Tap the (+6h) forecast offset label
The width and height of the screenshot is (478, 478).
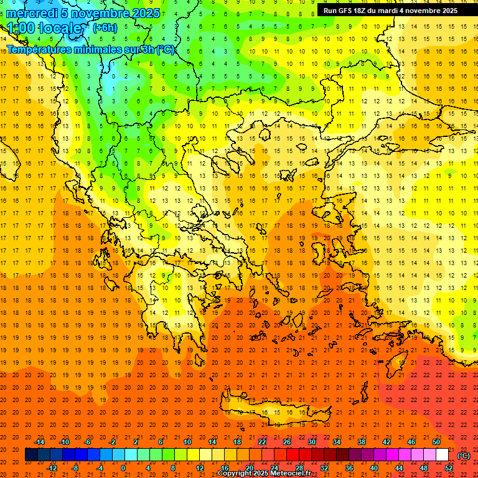click(x=104, y=27)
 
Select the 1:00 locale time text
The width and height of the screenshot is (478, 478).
click(x=44, y=28)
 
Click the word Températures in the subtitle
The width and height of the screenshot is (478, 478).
click(x=40, y=50)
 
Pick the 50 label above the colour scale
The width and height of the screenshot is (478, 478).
click(x=436, y=442)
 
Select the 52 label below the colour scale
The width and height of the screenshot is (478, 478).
click(x=449, y=468)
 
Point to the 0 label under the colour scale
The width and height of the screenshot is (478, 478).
click(x=123, y=468)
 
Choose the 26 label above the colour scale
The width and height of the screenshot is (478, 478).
click(x=287, y=442)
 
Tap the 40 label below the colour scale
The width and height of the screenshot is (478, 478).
click(x=374, y=468)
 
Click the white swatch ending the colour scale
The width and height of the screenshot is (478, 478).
click(x=443, y=455)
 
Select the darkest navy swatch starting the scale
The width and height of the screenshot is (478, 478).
click(x=32, y=455)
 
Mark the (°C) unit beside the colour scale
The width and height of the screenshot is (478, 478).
click(x=464, y=455)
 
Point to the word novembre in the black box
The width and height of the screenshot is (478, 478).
click(x=418, y=10)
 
